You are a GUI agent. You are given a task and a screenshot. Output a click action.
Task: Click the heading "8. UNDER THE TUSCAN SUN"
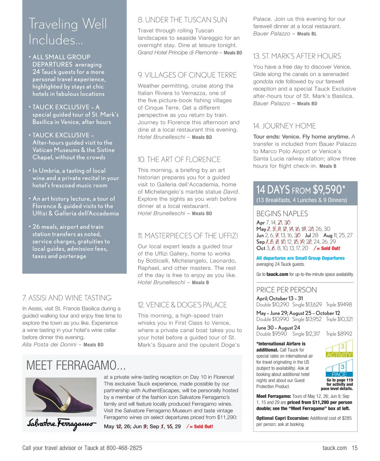pyautogui.click(x=182, y=20)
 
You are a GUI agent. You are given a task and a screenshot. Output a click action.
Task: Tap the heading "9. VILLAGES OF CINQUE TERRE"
pyautogui.click(x=187, y=75)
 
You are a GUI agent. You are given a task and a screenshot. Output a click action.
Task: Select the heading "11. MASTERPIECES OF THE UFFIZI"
pyautogui.click(x=188, y=236)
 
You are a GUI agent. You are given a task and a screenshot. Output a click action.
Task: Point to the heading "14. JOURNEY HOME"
pyautogui.click(x=284, y=126)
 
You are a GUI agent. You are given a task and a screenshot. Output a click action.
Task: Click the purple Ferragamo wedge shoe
pyautogui.click(x=60, y=397)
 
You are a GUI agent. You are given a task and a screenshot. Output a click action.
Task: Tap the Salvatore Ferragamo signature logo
pyautogui.click(x=61, y=424)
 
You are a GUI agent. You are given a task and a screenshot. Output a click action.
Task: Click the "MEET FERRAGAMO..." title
pyautogui.click(x=76, y=366)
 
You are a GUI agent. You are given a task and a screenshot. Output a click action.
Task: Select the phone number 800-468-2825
pyautogui.click(x=124, y=448)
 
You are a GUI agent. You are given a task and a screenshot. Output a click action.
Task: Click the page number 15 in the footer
pyautogui.click(x=354, y=448)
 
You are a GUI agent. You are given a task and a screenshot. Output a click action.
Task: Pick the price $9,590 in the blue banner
pyautogui.click(x=327, y=190)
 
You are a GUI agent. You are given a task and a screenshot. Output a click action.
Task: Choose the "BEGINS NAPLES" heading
pyautogui.click(x=282, y=214)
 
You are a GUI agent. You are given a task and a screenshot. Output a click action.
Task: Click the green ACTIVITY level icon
pyautogui.click(x=339, y=349)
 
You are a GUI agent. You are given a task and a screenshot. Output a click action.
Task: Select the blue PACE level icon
pyautogui.click(x=339, y=368)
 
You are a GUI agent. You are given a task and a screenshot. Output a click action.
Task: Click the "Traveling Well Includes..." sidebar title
pyautogui.click(x=68, y=32)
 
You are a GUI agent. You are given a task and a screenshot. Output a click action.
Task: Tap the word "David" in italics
pyautogui.click(x=230, y=192)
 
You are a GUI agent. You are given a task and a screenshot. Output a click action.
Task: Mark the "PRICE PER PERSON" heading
pyautogui.click(x=287, y=290)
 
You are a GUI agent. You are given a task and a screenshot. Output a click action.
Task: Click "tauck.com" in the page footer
pyautogui.click(x=334, y=448)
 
